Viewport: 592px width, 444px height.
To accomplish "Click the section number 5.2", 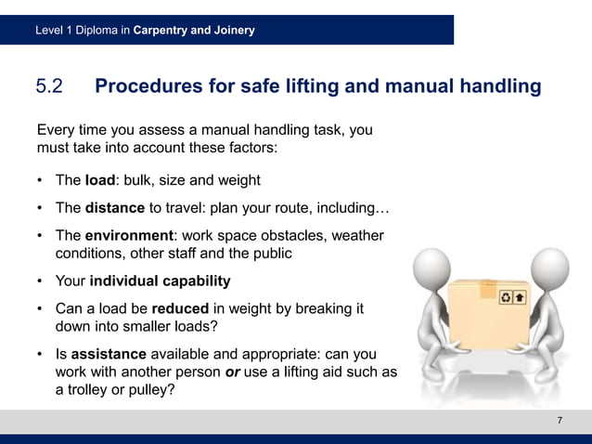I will (48, 87).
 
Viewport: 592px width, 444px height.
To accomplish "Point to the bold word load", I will (99, 180).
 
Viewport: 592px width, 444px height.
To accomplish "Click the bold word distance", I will (115, 208).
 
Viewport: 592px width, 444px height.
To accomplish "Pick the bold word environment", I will (130, 236).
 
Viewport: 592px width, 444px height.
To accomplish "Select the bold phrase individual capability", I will (158, 281).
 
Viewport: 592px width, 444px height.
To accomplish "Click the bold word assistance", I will (109, 354).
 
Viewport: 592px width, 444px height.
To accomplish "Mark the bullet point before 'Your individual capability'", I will (41, 281).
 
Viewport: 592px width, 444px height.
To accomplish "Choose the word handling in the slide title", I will (497, 87).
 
